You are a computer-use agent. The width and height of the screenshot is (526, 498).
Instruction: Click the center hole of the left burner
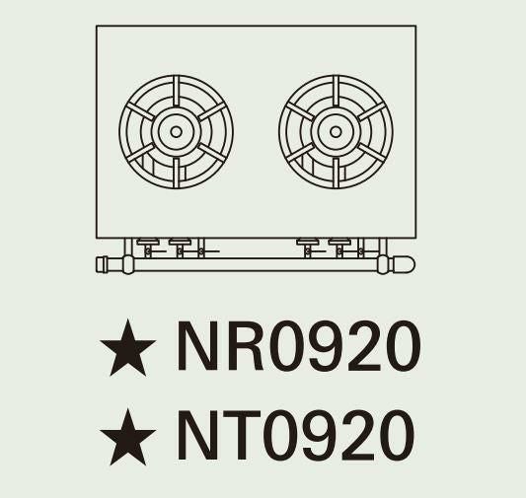[x=176, y=132]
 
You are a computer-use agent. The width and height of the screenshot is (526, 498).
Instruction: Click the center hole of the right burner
[x=336, y=132]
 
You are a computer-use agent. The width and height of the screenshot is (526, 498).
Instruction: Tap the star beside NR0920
[x=128, y=347]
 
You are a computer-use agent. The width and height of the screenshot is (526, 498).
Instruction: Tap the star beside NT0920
[x=128, y=437]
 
